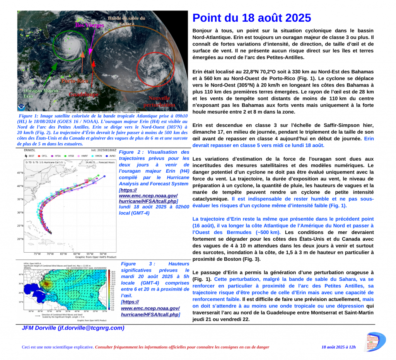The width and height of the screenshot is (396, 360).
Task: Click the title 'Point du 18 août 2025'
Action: point(251,18)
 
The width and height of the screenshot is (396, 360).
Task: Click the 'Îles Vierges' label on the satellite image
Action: point(89,25)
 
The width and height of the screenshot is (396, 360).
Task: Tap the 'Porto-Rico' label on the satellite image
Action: point(75,81)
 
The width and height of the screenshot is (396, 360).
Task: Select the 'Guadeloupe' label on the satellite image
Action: point(84,95)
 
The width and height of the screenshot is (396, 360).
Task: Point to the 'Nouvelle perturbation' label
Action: point(159,101)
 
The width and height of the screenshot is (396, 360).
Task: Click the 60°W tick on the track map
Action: point(77,254)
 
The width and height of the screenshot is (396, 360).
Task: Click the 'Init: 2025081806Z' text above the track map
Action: point(104,150)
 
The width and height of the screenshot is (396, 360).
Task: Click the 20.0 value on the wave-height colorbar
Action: point(113,272)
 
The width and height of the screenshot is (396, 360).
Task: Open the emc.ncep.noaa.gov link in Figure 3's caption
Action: point(150,311)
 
